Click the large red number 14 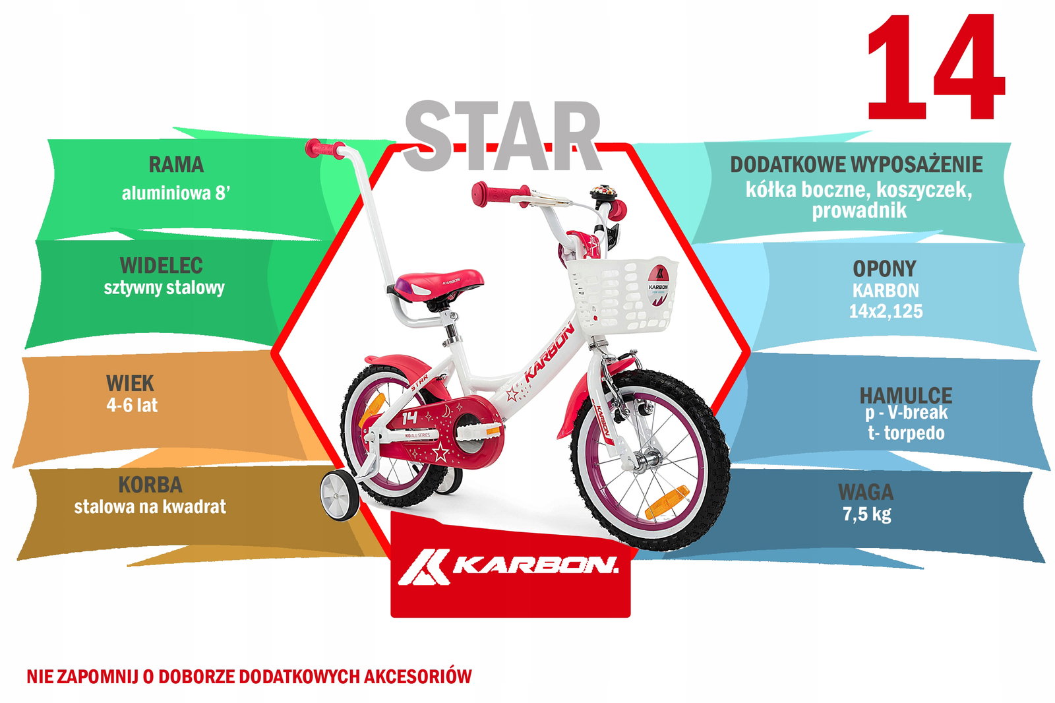936,67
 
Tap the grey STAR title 502,136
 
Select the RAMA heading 176,164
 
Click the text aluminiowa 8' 175,193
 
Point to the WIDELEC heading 162,266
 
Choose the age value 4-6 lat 132,405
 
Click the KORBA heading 150,485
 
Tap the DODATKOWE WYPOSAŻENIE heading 857,165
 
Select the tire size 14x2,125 886,311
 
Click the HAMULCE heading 906,395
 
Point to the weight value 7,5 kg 867,514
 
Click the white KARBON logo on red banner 508,567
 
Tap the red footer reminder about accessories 249,677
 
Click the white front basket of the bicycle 622,295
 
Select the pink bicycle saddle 436,284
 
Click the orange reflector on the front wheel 667,503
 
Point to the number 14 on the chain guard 409,417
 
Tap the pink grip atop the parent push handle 325,148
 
